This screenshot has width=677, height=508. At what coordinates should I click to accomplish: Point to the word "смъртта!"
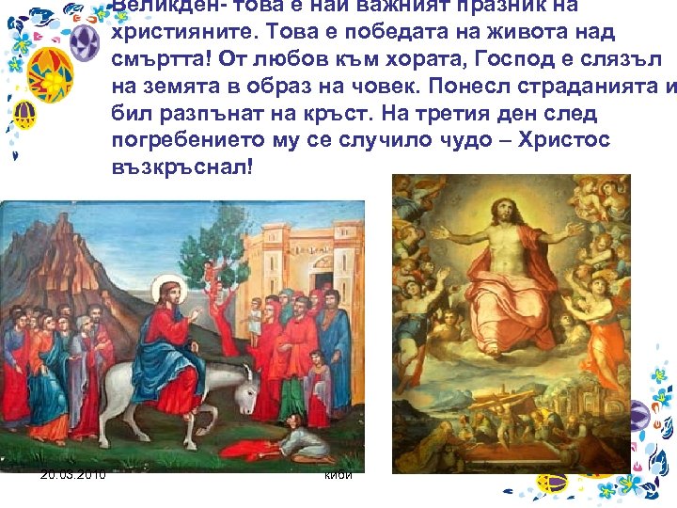tap(162, 60)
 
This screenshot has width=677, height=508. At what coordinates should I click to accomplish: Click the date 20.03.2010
tap(73, 474)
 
